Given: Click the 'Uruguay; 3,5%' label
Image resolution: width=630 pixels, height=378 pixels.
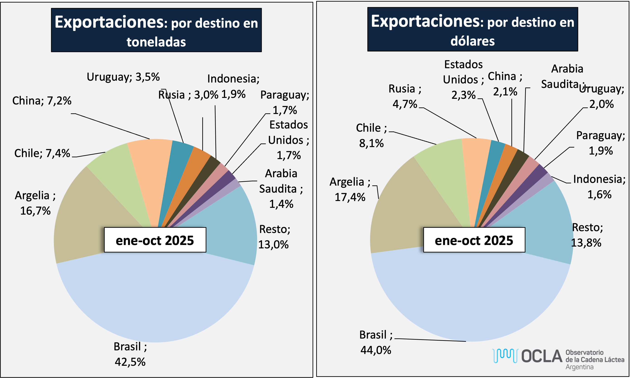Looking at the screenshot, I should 123,77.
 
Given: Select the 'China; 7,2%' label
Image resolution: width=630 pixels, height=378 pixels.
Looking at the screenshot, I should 42,101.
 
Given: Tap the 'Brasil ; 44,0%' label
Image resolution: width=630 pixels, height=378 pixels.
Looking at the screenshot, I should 376,342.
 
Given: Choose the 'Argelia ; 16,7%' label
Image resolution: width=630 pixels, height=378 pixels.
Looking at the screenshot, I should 35,203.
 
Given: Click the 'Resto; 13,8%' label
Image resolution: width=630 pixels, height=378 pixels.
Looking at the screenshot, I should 587,235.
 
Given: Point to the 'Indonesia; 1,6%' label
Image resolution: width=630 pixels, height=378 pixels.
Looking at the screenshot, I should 599,187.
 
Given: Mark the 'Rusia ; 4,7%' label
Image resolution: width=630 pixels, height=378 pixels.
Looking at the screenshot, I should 405,96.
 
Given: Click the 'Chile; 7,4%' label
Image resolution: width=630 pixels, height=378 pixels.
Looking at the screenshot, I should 42,153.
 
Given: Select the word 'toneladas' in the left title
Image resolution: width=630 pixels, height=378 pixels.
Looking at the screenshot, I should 156,42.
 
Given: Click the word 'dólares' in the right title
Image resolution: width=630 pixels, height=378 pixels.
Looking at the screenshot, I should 472,41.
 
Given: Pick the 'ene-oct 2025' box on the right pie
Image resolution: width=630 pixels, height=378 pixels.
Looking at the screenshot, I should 474,240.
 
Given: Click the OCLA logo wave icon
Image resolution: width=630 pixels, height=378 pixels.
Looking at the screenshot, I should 505,356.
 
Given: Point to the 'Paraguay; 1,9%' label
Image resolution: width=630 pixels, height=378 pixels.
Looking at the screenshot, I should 601,143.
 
